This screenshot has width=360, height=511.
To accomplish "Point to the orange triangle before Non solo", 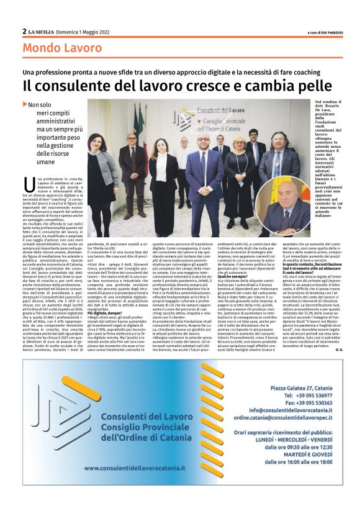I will coord(25,104).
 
